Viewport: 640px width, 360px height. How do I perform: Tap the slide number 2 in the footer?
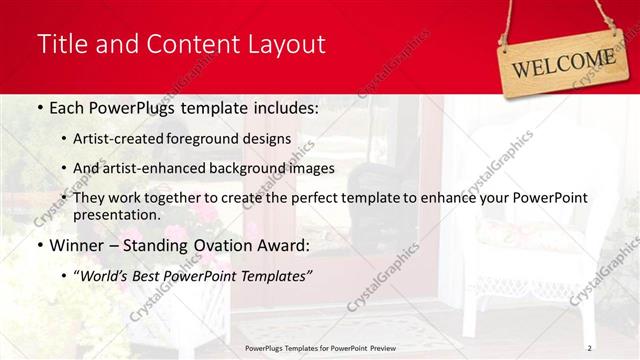[589, 347]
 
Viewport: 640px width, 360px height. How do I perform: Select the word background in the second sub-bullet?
[241, 168]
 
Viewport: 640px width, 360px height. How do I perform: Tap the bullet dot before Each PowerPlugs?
[39, 107]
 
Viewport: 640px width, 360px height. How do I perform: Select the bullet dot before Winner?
[39, 245]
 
